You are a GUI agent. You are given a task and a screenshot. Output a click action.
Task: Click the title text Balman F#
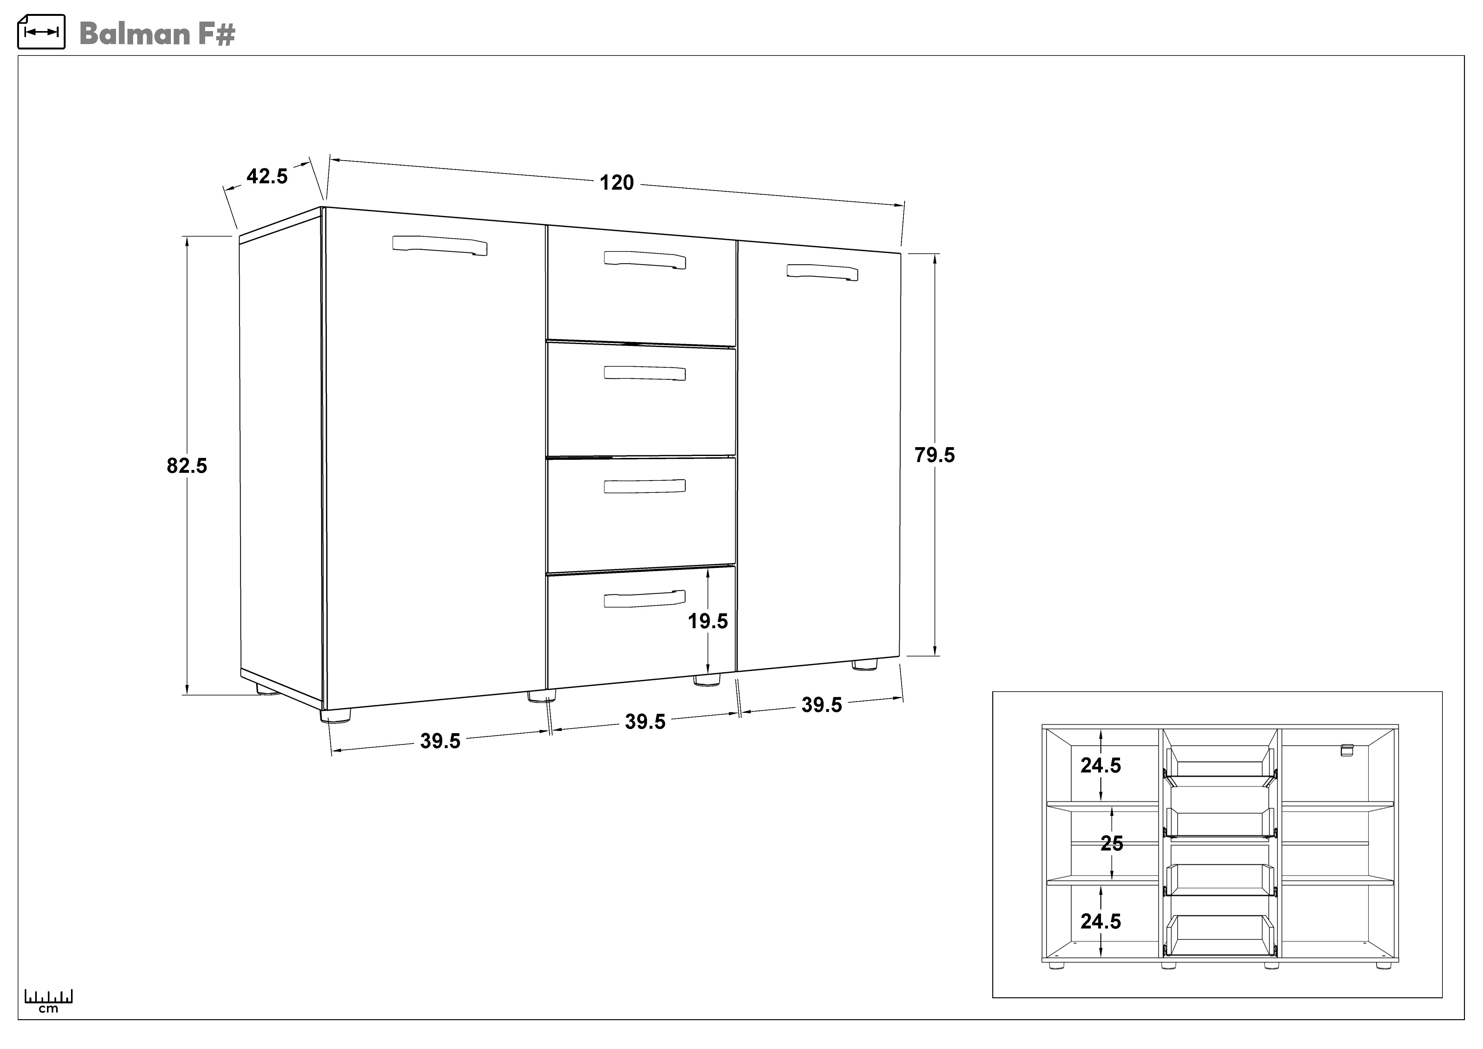pyautogui.click(x=157, y=34)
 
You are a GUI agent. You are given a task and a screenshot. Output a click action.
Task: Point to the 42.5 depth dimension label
pyautogui.click(x=267, y=176)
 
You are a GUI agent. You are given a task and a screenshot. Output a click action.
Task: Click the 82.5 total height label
pyautogui.click(x=187, y=466)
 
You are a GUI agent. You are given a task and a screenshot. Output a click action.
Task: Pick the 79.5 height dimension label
pyautogui.click(x=934, y=455)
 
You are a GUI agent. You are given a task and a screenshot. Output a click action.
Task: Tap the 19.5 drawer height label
pyautogui.click(x=707, y=622)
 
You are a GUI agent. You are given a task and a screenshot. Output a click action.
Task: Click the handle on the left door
pyautogui.click(x=440, y=245)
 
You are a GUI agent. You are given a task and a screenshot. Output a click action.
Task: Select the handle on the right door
pyautogui.click(x=822, y=273)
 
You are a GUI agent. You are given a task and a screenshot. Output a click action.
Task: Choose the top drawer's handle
pyautogui.click(x=644, y=260)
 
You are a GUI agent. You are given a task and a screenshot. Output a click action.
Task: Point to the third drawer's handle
pyautogui.click(x=644, y=486)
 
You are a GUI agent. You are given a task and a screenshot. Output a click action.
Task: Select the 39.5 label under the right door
pyautogui.click(x=822, y=705)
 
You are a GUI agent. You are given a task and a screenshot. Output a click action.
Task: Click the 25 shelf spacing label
pyautogui.click(x=1111, y=844)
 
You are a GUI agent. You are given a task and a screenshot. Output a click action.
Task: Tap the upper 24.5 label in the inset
pyautogui.click(x=1101, y=766)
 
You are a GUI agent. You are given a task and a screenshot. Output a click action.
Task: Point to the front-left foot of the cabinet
pyautogui.click(x=335, y=715)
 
